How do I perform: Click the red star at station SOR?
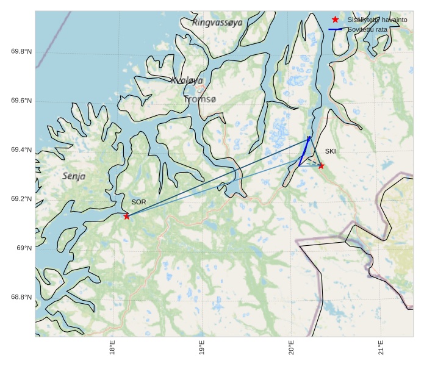tap(126, 217)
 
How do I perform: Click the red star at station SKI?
tap(321, 166)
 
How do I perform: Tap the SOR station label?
tap(138, 202)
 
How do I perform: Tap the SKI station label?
tap(330, 151)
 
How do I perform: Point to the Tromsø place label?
tap(199, 99)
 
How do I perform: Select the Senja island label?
tap(74, 176)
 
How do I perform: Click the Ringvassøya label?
tap(217, 22)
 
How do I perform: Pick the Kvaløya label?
tap(187, 81)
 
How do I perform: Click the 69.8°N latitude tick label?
tap(21, 51)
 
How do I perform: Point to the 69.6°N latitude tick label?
tap(21, 101)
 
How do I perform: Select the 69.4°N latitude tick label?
tap(21, 150)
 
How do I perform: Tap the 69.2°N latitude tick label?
tap(21, 199)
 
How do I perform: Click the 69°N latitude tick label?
tap(24, 248)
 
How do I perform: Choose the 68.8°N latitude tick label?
tap(21, 298)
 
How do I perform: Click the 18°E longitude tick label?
tap(113, 348)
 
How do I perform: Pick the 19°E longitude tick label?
tap(202, 348)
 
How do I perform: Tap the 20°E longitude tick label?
tap(292, 348)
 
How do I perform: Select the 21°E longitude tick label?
tap(381, 348)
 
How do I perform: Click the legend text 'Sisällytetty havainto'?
tap(377, 20)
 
